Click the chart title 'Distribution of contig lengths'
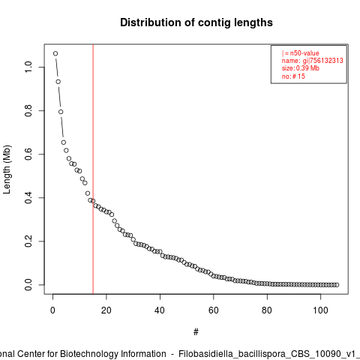point(196,22)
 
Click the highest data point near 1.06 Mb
point(55,53)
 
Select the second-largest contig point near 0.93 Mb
point(58,82)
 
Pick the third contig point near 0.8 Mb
point(61,112)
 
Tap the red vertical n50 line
point(93,169)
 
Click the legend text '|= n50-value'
point(301,53)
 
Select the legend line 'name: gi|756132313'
point(313,61)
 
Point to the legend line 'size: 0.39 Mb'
point(301,68)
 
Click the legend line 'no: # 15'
point(293,76)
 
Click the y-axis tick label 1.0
point(28,67)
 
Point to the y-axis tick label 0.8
point(28,110)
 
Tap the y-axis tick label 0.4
point(28,197)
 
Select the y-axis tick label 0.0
point(28,284)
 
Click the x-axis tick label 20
point(106,310)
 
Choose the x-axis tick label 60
point(213,310)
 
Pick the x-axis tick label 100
point(320,310)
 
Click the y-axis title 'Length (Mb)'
point(7,169)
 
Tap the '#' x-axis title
point(196,332)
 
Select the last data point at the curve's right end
point(337,285)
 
